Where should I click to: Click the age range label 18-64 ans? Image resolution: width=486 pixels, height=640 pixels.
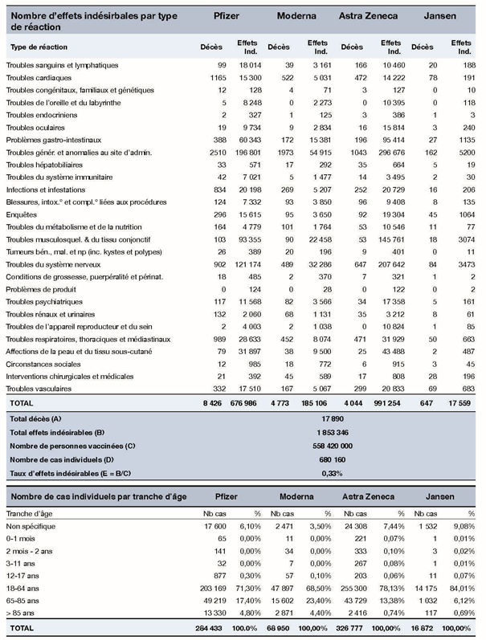click(23, 587)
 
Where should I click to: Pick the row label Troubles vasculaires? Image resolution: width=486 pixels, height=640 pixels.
click(39, 389)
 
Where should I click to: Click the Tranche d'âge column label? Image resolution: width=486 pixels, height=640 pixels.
click(30, 512)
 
